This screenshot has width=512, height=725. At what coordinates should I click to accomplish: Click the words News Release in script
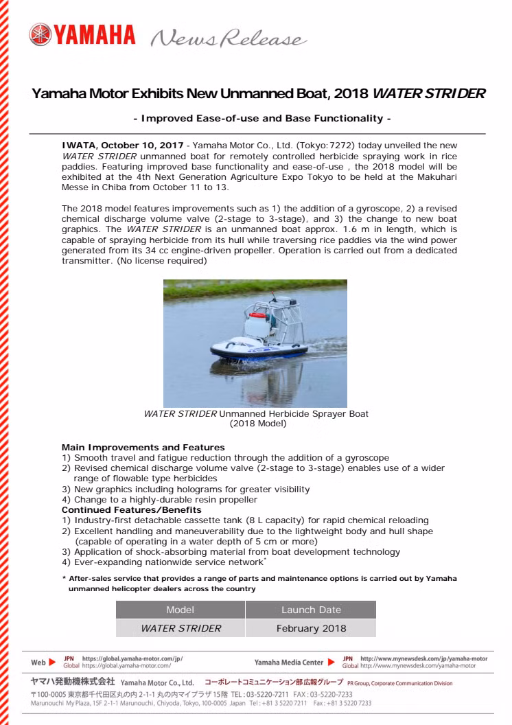pos(226,38)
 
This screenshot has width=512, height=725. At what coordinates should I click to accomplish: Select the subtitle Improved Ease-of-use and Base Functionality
pos(261,119)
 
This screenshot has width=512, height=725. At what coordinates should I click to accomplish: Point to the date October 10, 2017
pos(144,146)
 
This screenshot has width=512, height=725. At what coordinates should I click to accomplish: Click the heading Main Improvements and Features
pos(143,448)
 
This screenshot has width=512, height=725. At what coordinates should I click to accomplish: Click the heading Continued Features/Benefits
pos(132,510)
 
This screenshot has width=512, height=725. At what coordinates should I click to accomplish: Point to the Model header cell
pos(181,610)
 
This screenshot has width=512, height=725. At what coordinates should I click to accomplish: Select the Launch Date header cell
pos(311,610)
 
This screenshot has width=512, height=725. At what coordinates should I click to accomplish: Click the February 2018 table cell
pos(311,628)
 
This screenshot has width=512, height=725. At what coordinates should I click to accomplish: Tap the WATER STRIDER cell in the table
pos(181,628)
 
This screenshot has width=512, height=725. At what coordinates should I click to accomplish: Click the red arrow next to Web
pos(52,663)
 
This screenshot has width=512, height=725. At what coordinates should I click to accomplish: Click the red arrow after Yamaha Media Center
pos(332,663)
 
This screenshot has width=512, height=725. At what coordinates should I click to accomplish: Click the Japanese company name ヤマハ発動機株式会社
pos(73,683)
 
